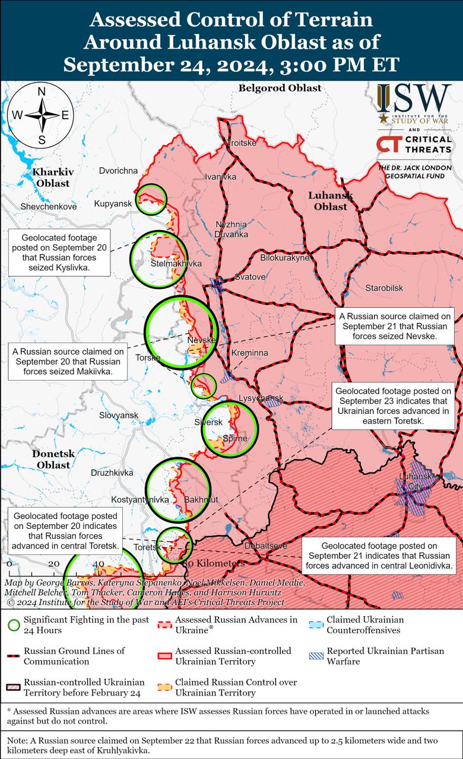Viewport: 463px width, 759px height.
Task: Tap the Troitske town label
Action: [x=242, y=143]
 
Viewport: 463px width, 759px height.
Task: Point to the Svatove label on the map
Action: [x=250, y=276]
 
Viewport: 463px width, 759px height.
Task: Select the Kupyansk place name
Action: [x=113, y=204]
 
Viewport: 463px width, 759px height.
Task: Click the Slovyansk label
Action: [x=119, y=415]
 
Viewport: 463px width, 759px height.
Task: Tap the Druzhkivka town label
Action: [x=112, y=473]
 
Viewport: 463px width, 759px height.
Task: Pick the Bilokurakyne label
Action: [x=286, y=258]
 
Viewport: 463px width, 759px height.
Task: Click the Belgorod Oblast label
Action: [x=280, y=88]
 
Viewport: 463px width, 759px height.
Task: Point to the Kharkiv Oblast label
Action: [x=53, y=177]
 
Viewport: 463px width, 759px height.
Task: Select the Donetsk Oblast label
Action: [x=53, y=459]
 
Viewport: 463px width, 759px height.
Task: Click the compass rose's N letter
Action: [x=42, y=91]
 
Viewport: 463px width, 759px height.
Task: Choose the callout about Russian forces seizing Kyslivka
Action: [x=59, y=253]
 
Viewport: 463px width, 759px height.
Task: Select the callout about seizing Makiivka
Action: [x=66, y=361]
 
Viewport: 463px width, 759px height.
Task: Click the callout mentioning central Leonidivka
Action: [x=380, y=556]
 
